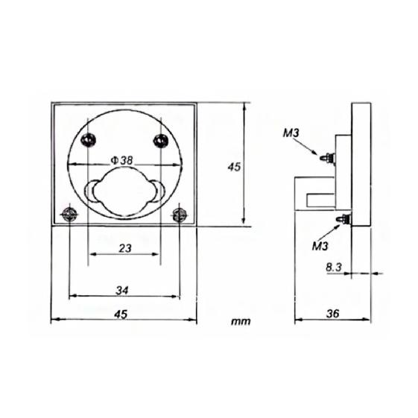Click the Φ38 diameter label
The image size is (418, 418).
[121, 160]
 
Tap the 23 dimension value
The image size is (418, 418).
[125, 248]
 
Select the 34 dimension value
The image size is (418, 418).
[122, 291]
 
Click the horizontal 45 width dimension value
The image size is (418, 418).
[121, 314]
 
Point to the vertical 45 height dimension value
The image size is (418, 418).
[234, 167]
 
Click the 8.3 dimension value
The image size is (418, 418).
[334, 267]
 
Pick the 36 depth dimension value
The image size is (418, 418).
[333, 314]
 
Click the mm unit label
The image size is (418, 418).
[241, 321]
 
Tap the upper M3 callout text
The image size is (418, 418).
[291, 133]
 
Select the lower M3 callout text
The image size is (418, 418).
[320, 247]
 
